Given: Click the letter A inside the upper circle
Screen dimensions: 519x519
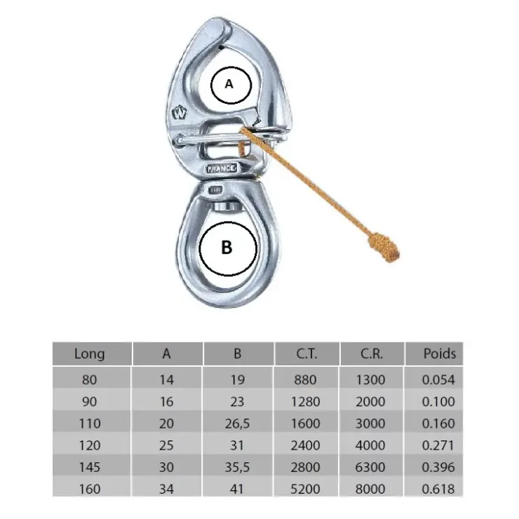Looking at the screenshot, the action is (x=229, y=84).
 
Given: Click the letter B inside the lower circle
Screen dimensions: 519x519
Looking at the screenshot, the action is (x=227, y=248).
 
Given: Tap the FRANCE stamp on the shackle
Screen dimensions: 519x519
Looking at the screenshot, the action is (x=222, y=168).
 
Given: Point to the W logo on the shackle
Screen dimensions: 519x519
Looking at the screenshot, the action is (x=180, y=113).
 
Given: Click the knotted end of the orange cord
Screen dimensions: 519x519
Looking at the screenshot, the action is (x=384, y=248).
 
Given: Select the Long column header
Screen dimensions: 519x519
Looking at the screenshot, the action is (x=89, y=354).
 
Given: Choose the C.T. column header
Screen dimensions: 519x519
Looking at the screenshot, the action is (x=306, y=354).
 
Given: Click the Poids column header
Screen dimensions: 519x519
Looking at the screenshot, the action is (x=440, y=353).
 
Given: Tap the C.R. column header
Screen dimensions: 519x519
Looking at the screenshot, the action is (x=372, y=354).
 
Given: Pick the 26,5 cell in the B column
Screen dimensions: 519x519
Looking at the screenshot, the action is (x=237, y=424).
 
